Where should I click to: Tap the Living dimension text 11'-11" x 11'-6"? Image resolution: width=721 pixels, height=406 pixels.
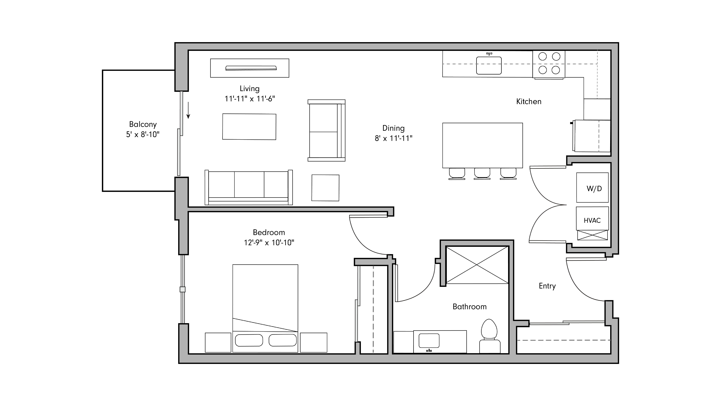click(250, 99)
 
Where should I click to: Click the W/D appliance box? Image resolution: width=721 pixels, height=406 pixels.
click(592, 188)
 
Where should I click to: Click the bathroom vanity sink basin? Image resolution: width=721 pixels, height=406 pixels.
click(429, 340)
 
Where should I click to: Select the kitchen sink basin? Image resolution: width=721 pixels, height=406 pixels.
click(489, 66)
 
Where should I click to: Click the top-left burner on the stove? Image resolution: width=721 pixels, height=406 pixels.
click(542, 57)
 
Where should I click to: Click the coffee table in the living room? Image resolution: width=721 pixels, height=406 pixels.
click(249, 127)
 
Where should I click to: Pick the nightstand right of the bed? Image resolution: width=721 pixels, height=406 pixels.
click(313, 342)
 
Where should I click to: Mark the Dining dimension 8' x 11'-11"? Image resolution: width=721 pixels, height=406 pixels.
click(394, 138)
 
